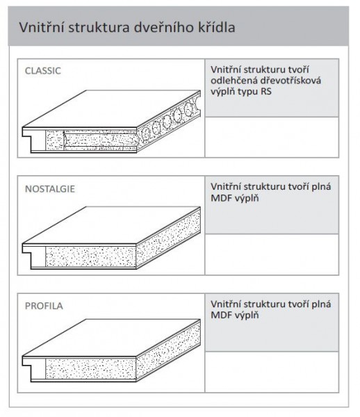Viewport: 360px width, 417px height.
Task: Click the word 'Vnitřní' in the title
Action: tap(42, 27)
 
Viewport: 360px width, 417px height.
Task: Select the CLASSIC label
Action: tap(43, 71)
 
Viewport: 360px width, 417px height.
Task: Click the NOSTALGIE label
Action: tap(50, 189)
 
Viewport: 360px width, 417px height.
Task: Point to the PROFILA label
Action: tap(44, 306)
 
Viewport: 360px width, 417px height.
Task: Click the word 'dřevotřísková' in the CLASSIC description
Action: tap(291, 81)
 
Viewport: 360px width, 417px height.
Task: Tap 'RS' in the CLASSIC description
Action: tap(266, 92)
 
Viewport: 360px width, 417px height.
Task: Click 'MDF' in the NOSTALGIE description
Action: tap(220, 198)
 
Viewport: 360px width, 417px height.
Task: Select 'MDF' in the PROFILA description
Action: tap(220, 316)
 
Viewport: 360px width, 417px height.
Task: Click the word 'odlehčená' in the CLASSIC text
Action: tap(234, 81)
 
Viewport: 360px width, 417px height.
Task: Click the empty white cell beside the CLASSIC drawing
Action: tap(272, 137)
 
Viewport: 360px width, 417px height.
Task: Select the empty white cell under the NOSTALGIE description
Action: tap(272, 254)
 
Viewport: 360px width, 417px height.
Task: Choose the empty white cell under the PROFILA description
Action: tap(272, 372)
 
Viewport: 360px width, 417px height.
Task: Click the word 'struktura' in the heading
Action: tap(99, 27)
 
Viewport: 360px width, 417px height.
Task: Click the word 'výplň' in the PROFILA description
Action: tap(246, 316)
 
